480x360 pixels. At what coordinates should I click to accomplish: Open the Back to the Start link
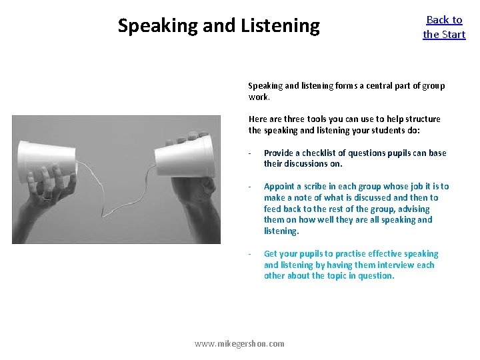(444, 27)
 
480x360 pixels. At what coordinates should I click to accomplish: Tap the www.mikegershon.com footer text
(239, 343)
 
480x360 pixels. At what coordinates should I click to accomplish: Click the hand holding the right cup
(193, 200)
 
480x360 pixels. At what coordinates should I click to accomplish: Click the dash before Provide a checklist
(249, 153)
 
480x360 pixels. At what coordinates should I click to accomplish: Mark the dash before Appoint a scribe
(249, 187)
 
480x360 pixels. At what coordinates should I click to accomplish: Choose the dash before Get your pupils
(249, 253)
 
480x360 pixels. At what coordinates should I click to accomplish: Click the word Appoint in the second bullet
(279, 187)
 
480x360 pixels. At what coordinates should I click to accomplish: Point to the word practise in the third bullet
(343, 253)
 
